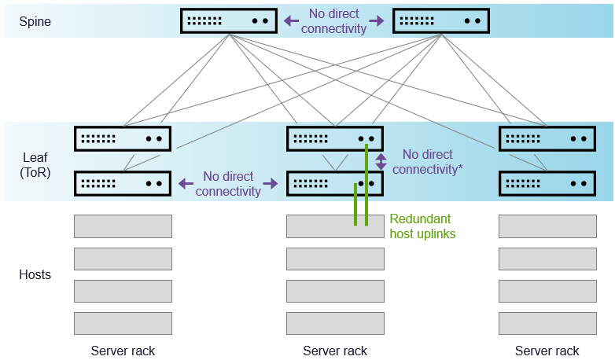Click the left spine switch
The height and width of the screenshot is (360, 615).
click(x=229, y=21)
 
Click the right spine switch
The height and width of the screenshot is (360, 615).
click(x=440, y=21)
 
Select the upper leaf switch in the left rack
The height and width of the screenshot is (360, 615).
click(x=123, y=138)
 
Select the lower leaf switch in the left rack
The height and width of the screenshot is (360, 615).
click(x=123, y=183)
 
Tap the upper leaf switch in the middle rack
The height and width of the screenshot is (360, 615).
click(x=335, y=138)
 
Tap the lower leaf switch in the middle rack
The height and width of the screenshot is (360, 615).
click(x=335, y=183)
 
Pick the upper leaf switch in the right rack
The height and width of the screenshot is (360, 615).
click(x=547, y=138)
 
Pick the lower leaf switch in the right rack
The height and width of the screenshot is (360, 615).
click(x=547, y=183)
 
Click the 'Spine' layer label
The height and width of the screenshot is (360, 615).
click(x=35, y=21)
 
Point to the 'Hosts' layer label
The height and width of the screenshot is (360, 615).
click(x=35, y=274)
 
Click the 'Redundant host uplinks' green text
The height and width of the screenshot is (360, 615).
click(x=422, y=226)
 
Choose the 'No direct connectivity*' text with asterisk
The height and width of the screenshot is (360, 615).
click(x=427, y=162)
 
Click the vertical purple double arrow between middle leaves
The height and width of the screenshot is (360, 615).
click(x=381, y=162)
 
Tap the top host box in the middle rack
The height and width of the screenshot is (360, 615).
click(x=335, y=226)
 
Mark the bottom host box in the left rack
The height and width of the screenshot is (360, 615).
click(x=123, y=323)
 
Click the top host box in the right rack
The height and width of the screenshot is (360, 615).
click(x=547, y=226)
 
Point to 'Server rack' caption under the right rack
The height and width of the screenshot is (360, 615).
click(x=547, y=351)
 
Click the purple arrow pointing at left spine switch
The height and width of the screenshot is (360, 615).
click(x=290, y=21)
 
